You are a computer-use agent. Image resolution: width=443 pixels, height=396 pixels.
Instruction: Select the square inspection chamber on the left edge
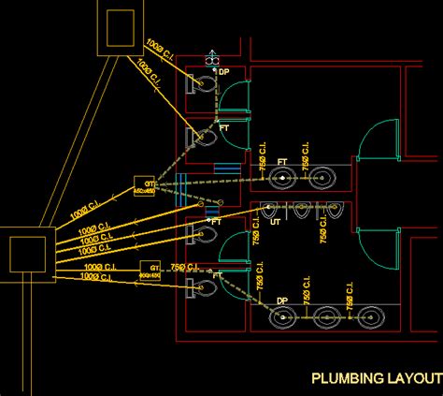point(25,252)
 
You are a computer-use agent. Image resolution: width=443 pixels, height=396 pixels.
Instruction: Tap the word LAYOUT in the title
point(413,378)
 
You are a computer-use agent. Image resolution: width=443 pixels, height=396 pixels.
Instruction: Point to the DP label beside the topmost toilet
point(223,72)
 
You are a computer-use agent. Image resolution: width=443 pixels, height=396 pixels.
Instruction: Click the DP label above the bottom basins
point(281,301)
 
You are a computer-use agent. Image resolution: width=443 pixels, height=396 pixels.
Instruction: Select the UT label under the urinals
point(275,221)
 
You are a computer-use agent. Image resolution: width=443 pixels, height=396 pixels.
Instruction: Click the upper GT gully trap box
point(144,185)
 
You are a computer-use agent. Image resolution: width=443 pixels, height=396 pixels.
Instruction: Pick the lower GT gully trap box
point(150,270)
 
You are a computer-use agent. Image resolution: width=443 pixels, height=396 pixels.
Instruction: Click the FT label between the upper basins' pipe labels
point(282,162)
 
